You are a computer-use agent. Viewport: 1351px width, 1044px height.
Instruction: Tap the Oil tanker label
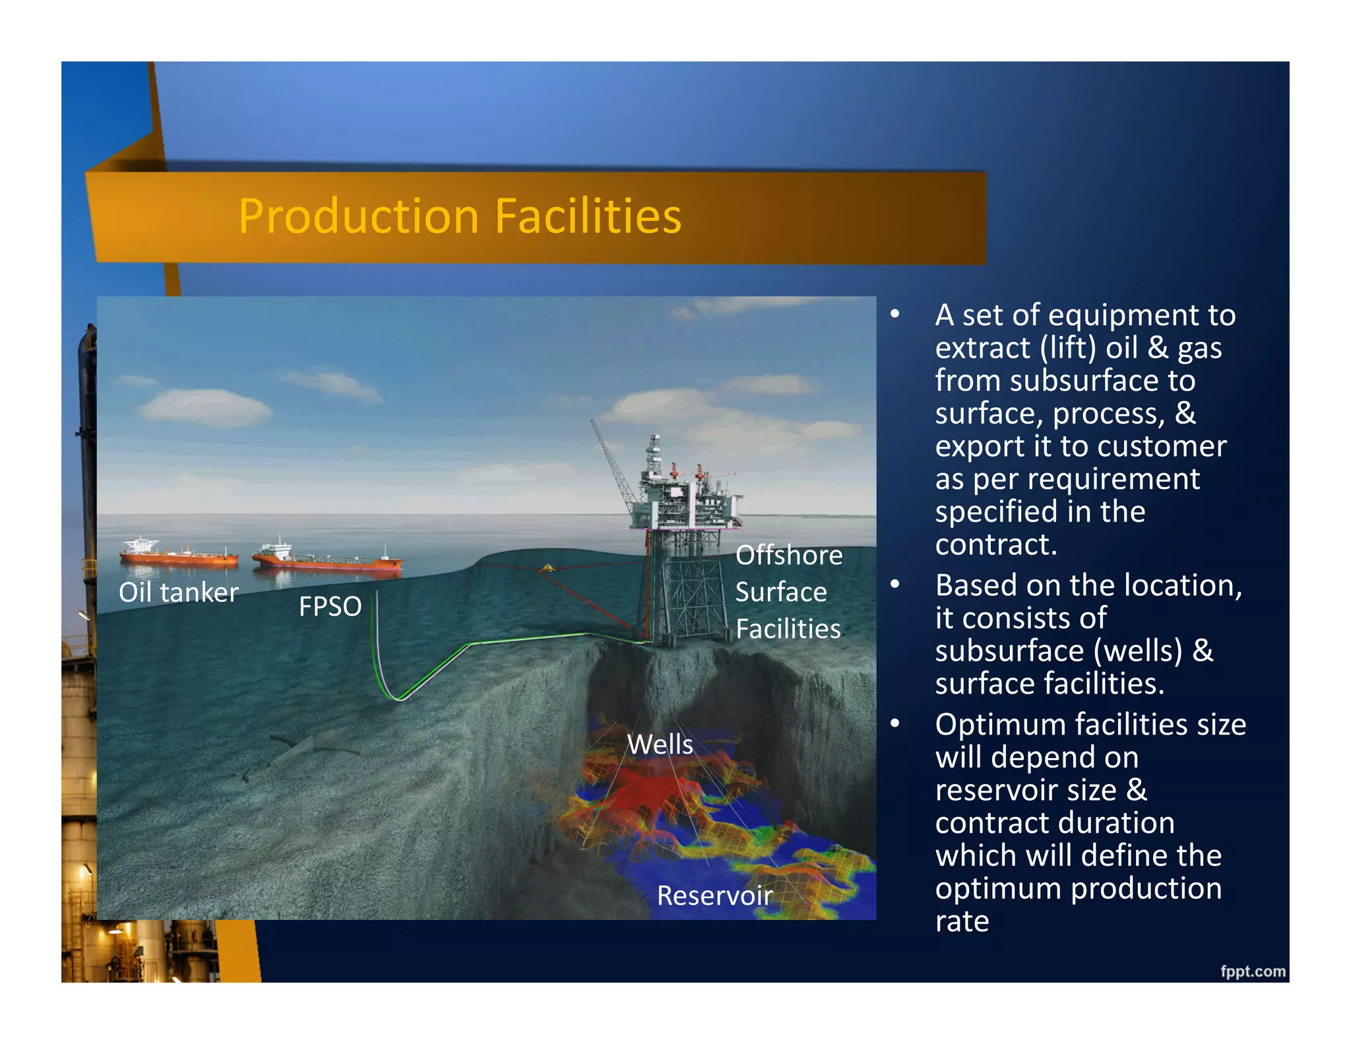click(x=178, y=592)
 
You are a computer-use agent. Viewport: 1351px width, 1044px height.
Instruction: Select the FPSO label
click(x=330, y=606)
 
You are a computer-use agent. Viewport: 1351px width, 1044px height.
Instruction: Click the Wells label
click(x=660, y=744)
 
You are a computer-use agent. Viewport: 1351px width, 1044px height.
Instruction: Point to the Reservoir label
click(x=714, y=896)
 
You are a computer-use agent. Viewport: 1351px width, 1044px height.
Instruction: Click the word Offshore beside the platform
click(x=789, y=555)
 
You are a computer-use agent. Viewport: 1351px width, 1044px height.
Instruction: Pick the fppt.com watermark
click(x=1252, y=971)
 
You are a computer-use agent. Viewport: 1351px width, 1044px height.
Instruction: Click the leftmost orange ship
click(x=178, y=554)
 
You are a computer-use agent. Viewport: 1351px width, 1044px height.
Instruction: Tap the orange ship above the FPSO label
click(x=327, y=558)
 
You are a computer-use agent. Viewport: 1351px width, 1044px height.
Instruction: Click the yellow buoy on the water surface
click(x=547, y=568)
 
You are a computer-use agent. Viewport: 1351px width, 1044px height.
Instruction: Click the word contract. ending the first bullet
click(x=996, y=544)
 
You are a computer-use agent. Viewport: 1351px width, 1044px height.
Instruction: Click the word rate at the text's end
click(x=962, y=921)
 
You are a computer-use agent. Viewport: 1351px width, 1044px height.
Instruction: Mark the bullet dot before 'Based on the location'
click(x=895, y=584)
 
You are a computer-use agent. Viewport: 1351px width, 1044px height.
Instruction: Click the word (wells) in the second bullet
click(x=1138, y=651)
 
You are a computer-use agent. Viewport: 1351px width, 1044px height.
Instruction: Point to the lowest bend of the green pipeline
click(x=398, y=698)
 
